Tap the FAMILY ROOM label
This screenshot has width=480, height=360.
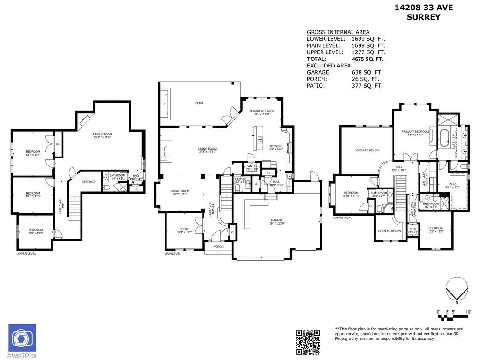tap(103, 134)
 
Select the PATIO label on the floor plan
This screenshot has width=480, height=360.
tap(199, 103)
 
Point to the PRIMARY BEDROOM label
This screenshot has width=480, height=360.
tap(413, 132)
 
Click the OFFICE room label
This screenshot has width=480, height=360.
tap(185, 229)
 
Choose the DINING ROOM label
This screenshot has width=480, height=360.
tap(180, 191)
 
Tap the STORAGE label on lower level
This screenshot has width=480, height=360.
tap(88, 182)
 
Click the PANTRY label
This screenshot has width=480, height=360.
tap(252, 166)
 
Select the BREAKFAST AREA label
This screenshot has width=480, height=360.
tap(262, 111)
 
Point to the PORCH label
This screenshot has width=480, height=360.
tap(218, 246)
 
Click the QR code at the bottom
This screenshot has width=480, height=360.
tap(308, 342)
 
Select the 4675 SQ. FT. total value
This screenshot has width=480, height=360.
tap(367, 60)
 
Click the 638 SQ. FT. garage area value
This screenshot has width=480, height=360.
tap(367, 73)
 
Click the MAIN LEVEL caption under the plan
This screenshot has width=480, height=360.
tap(172, 254)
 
